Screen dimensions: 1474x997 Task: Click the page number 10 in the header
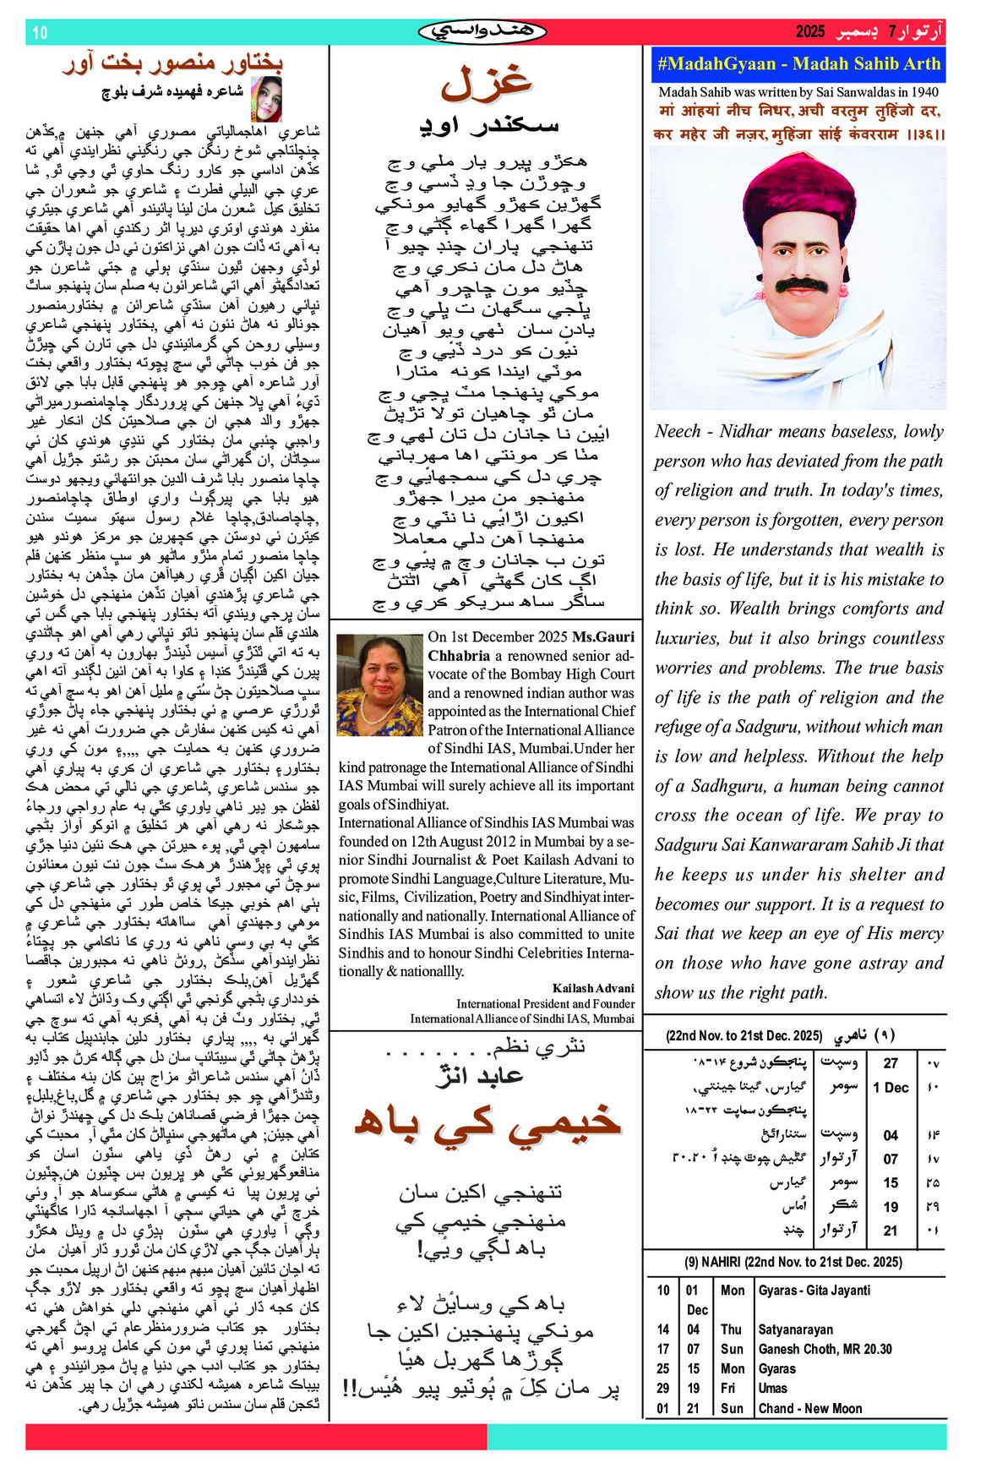[x=40, y=33]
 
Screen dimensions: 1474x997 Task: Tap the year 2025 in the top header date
[x=809, y=32]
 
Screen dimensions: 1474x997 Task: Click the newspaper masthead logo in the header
[x=482, y=32]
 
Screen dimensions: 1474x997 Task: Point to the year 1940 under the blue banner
[x=923, y=92]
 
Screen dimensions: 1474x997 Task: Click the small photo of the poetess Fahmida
[x=266, y=98]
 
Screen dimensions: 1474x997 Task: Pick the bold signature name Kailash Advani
[x=593, y=988]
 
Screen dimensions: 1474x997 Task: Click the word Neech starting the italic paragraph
[x=678, y=432]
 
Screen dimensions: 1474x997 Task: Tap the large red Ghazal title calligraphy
[x=486, y=82]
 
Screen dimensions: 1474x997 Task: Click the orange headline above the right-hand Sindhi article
[x=172, y=63]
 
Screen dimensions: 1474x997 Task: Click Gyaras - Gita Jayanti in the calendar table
[x=814, y=1291]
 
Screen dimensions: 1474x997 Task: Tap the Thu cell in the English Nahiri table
[x=731, y=1329]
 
